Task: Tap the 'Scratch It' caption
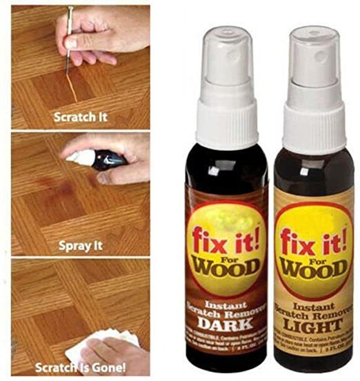(x=81, y=116)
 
